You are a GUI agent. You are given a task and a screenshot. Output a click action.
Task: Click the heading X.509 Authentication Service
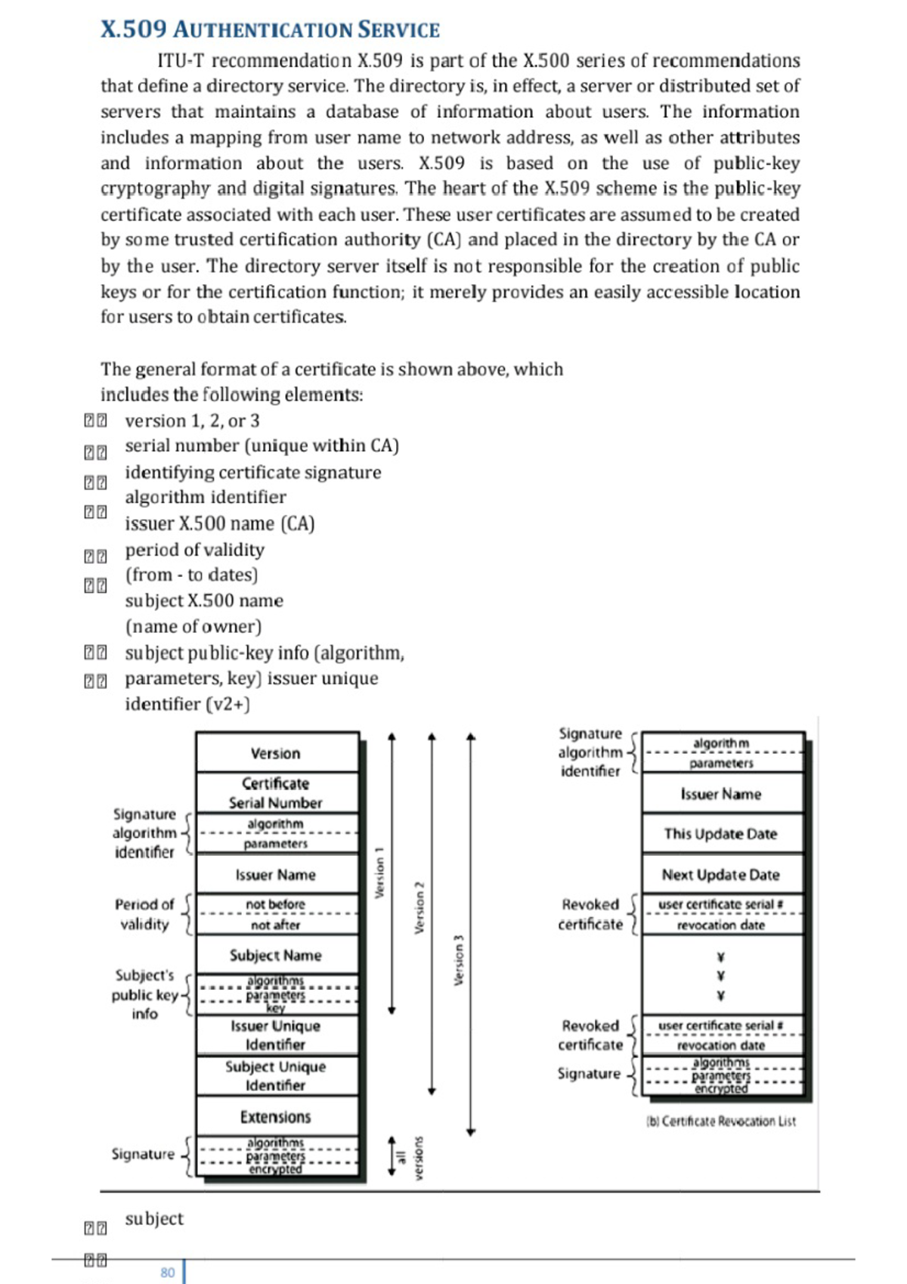pyautogui.click(x=270, y=29)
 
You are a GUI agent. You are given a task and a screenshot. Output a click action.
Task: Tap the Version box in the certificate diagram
pyautogui.click(x=276, y=753)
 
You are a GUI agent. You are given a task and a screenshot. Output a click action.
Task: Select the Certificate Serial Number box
pyautogui.click(x=276, y=792)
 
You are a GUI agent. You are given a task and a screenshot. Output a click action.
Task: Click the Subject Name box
pyautogui.click(x=276, y=955)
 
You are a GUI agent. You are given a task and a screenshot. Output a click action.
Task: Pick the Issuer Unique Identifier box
pyautogui.click(x=276, y=1035)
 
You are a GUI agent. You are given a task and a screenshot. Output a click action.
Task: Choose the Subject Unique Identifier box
pyautogui.click(x=276, y=1075)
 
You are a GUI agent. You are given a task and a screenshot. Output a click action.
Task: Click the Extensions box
pyautogui.click(x=276, y=1117)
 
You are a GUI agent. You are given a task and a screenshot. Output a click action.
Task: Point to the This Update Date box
pyautogui.click(x=720, y=833)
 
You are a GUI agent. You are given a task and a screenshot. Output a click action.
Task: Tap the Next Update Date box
pyautogui.click(x=720, y=874)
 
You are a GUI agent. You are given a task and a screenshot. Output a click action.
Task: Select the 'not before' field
pyautogui.click(x=276, y=904)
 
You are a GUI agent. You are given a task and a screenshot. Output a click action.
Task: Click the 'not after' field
pyautogui.click(x=276, y=925)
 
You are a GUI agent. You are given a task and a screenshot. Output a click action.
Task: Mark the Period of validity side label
pyautogui.click(x=144, y=913)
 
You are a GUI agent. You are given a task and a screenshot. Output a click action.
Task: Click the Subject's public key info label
pyautogui.click(x=144, y=994)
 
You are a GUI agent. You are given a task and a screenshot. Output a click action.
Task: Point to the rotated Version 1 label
pyautogui.click(x=379, y=873)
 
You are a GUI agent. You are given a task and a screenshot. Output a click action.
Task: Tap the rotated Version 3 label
pyautogui.click(x=458, y=960)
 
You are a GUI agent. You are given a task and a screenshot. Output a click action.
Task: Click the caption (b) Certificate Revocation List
pyautogui.click(x=721, y=1121)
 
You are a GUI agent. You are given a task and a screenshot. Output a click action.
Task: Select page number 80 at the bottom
pyautogui.click(x=167, y=1273)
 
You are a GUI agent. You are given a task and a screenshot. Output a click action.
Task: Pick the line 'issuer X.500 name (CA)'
pyautogui.click(x=219, y=523)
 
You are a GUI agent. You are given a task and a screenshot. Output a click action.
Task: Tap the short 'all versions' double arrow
pyautogui.click(x=392, y=1155)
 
